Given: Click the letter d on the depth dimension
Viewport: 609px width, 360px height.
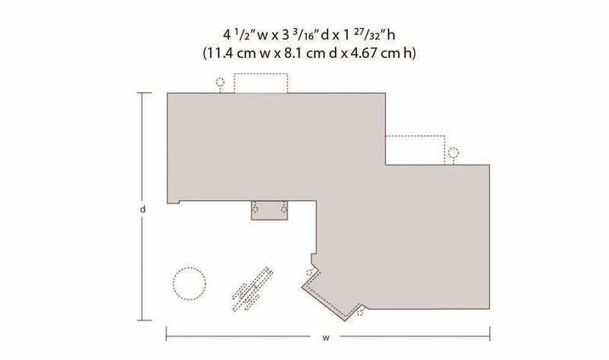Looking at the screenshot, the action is (143, 209).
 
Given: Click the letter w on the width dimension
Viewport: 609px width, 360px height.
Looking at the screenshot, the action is (326, 337).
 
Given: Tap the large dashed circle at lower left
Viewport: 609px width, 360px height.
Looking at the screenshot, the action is (189, 283).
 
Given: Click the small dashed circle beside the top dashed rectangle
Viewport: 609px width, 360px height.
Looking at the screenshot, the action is (220, 82).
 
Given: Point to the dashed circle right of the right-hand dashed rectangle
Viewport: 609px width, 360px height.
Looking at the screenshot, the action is (453, 152).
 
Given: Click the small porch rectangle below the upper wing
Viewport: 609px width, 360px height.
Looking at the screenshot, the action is (269, 211).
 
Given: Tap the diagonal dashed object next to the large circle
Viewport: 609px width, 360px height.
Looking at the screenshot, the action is (253, 289).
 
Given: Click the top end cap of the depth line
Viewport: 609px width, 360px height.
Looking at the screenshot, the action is (145, 93).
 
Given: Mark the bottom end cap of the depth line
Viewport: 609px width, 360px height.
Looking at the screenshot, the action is (145, 320).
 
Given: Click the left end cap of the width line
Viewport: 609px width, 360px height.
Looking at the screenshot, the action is (166, 333).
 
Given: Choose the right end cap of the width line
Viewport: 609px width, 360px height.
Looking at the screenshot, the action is (489, 333).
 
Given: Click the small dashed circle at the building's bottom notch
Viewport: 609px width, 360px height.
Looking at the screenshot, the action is (360, 312).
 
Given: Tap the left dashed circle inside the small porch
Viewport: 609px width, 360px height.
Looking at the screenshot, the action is (255, 209).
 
